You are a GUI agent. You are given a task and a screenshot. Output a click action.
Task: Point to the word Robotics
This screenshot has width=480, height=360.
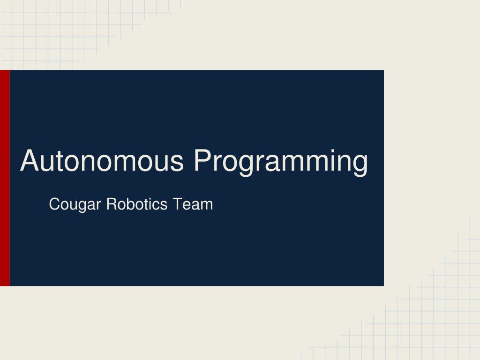137,204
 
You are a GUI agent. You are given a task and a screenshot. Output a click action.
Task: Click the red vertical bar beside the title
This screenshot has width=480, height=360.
5,178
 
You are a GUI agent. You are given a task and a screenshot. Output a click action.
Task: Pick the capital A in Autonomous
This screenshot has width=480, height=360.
29,160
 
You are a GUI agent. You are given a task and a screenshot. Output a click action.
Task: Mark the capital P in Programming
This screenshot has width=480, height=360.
203,160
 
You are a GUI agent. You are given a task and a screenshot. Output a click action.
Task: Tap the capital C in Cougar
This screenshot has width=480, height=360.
54,204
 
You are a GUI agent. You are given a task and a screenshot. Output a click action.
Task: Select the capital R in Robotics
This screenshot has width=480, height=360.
111,204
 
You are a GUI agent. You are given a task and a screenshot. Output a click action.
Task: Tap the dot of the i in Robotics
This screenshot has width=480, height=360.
150,198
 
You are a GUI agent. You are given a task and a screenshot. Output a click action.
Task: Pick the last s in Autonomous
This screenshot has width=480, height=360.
177,163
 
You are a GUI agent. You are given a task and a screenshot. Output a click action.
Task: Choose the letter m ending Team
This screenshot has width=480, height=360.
206,206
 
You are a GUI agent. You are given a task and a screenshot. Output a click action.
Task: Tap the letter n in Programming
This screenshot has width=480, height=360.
340,163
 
